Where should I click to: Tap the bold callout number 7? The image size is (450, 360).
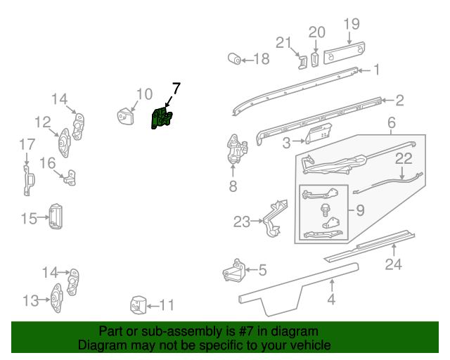pos(176,89)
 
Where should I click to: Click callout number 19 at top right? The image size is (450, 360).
pos(351,25)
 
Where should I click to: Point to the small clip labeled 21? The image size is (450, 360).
pos(301,62)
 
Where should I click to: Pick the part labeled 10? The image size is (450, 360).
pos(126,115)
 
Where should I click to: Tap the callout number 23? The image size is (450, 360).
pos(242,222)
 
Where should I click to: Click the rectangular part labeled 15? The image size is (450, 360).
pos(55,216)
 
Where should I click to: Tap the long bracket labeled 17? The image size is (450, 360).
pos(27,180)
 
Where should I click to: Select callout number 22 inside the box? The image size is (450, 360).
pos(403,159)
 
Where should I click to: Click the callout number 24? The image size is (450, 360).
pos(394,264)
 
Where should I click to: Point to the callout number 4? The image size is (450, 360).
pos(331,301)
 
